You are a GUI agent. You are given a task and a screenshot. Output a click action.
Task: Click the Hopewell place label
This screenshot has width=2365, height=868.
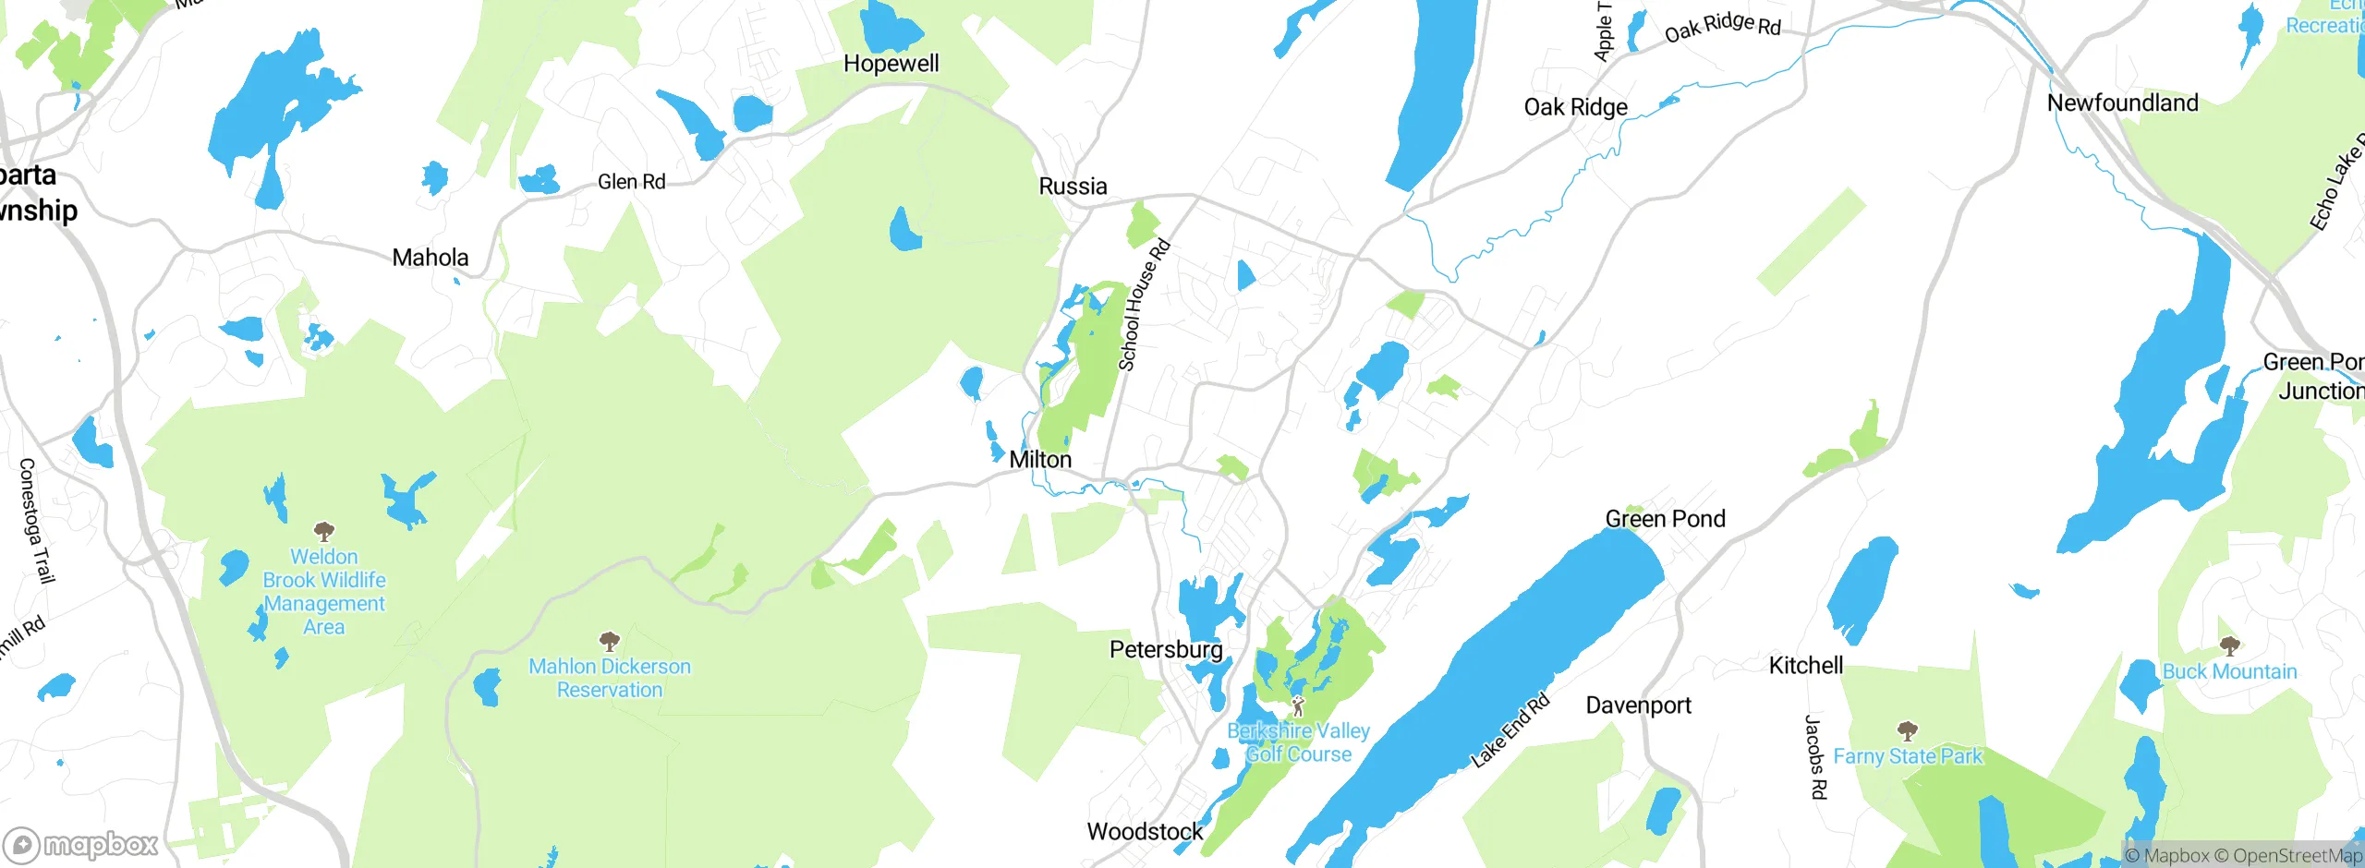click(x=891, y=64)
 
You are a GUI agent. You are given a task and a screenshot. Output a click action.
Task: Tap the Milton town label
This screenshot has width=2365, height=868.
click(x=1040, y=460)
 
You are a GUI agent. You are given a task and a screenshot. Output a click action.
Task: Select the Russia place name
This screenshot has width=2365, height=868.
click(x=1073, y=187)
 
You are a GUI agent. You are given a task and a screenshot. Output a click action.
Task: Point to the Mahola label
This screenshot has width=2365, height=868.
click(x=431, y=258)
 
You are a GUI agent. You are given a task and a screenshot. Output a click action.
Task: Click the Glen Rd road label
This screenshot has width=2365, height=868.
click(x=631, y=182)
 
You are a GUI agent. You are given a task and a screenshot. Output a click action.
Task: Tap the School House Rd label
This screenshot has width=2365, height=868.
click(x=1144, y=305)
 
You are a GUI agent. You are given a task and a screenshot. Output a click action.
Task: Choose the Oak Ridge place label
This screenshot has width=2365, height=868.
click(x=1575, y=107)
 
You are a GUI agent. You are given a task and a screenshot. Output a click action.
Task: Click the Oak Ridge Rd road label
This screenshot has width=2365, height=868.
click(x=1722, y=27)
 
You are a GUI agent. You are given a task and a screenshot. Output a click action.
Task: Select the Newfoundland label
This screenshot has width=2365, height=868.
click(x=2122, y=102)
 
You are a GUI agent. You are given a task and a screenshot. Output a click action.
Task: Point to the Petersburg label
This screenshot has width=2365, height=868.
click(x=1166, y=650)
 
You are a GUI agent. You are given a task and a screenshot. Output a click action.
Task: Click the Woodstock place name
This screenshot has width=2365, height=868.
click(x=1145, y=832)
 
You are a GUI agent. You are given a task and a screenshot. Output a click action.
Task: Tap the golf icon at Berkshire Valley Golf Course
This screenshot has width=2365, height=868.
click(x=1298, y=706)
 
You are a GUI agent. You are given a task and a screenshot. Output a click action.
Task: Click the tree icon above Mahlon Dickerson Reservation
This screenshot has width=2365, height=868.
click(x=609, y=641)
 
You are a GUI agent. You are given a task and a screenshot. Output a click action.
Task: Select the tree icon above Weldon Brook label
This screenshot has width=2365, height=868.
click(x=323, y=531)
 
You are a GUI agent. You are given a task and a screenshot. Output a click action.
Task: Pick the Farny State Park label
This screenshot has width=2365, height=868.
click(x=1908, y=756)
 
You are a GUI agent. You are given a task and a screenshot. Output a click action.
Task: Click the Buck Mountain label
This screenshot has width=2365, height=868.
click(x=2229, y=671)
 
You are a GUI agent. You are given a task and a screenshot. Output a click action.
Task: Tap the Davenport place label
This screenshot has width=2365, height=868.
click(x=1638, y=705)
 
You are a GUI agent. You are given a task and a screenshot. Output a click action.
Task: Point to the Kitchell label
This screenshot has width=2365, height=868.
click(x=1805, y=666)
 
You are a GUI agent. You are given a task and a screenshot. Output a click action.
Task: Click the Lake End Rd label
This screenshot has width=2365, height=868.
click(x=1510, y=731)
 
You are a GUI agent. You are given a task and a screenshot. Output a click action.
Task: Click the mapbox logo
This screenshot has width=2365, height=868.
click(x=81, y=844)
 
